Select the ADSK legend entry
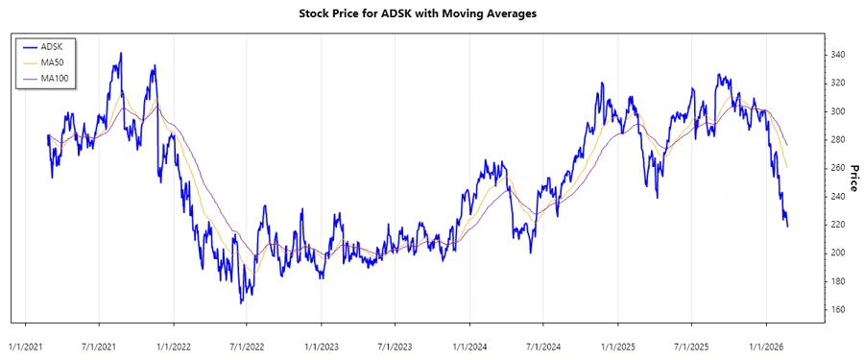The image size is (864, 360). [51, 46]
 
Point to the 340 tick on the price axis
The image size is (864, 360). [839, 55]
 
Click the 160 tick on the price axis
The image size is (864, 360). [839, 309]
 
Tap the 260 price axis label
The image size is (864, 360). [839, 168]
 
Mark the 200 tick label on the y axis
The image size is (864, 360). [839, 252]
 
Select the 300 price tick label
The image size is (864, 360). [839, 111]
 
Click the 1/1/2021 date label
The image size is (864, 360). [25, 344]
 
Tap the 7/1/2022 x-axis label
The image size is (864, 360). [247, 344]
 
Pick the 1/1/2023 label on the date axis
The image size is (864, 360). [321, 344]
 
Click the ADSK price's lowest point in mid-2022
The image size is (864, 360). [242, 303]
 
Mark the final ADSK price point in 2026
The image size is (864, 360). [788, 227]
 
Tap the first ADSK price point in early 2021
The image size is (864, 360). [48, 136]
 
